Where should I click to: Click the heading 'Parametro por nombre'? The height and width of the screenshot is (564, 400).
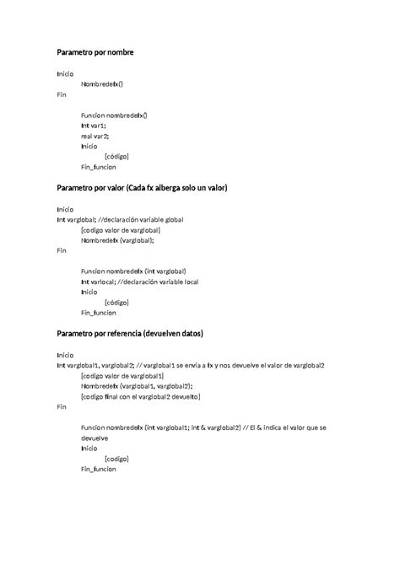point(95,52)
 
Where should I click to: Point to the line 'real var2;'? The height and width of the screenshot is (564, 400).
point(95,135)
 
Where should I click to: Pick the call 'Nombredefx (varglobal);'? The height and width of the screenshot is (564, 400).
point(117,239)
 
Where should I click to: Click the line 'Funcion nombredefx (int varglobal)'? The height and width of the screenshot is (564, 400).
point(135,271)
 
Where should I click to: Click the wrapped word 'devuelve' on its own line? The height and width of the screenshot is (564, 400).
point(98,438)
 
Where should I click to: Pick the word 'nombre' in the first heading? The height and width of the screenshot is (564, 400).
point(120,52)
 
